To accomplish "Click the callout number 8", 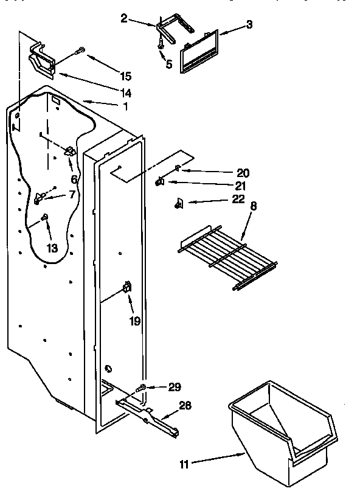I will tap(253, 206).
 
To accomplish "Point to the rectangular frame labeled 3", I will tap(199, 52).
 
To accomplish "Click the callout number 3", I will tap(249, 24).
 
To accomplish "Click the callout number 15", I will tap(125, 76).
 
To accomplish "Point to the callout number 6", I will tap(74, 179).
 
